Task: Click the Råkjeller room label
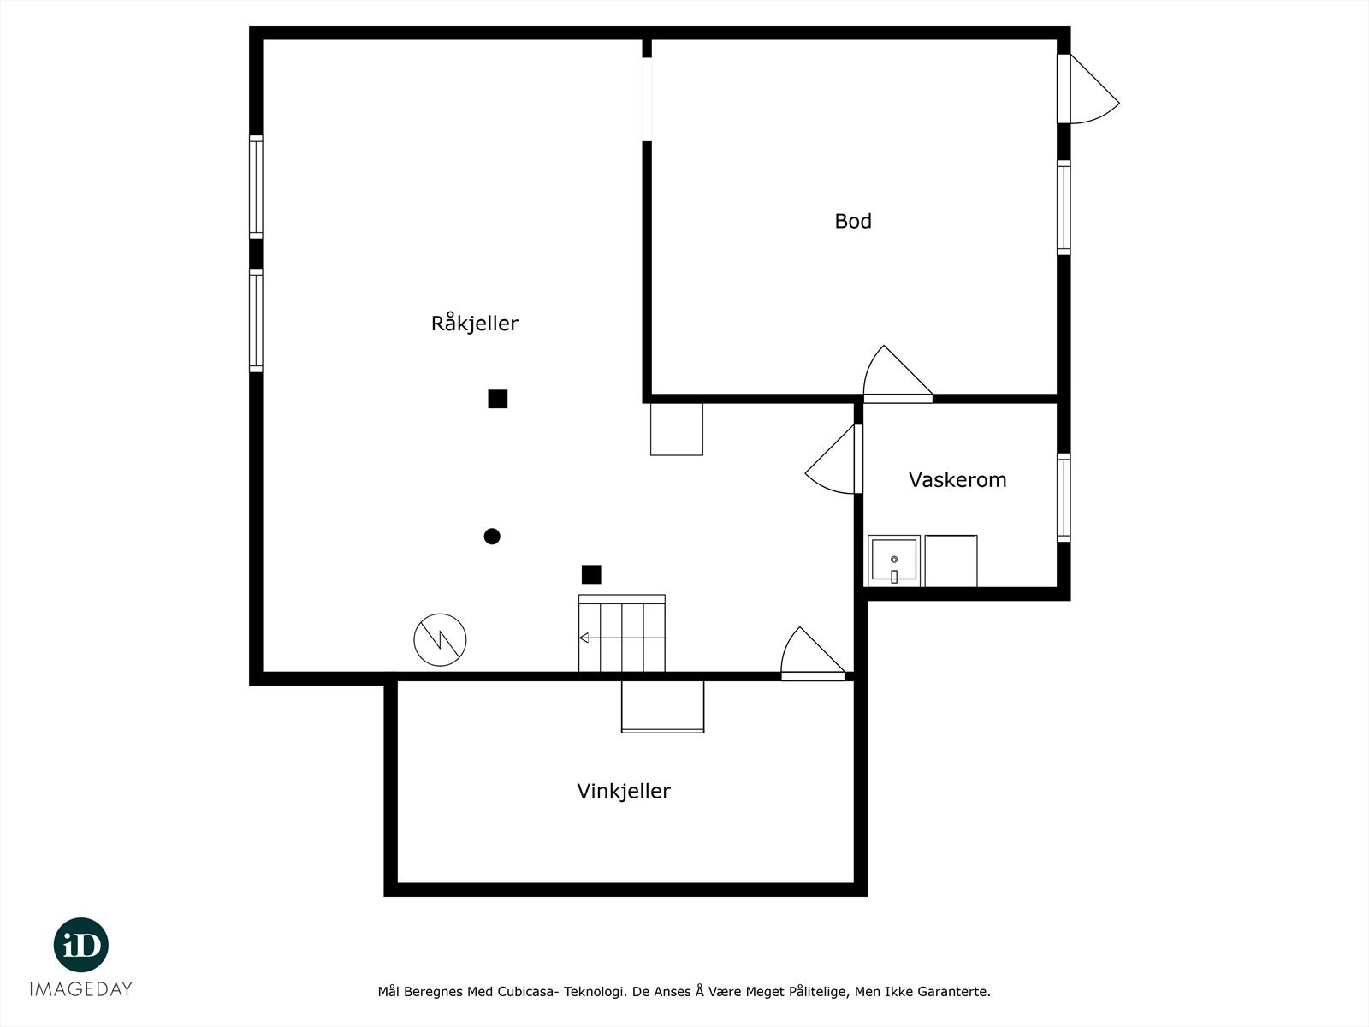pyautogui.click(x=475, y=323)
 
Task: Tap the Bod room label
pyautogui.click(x=853, y=221)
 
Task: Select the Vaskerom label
pyautogui.click(x=957, y=479)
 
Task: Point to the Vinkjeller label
pyautogui.click(x=624, y=792)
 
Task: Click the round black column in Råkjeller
pyautogui.click(x=492, y=537)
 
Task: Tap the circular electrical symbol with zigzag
pyautogui.click(x=441, y=640)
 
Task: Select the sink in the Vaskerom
pyautogui.click(x=894, y=561)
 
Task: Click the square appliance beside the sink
pyautogui.click(x=951, y=561)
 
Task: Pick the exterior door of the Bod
pyautogui.click(x=1088, y=88)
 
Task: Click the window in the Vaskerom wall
pyautogui.click(x=1064, y=497)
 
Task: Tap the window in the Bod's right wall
pyautogui.click(x=1064, y=208)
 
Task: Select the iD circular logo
pyautogui.click(x=81, y=945)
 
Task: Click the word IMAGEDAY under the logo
pyautogui.click(x=81, y=989)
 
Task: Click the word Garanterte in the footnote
pyautogui.click(x=958, y=991)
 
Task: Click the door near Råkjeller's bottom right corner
pyautogui.click(x=814, y=654)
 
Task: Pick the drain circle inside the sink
pyautogui.click(x=894, y=560)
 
